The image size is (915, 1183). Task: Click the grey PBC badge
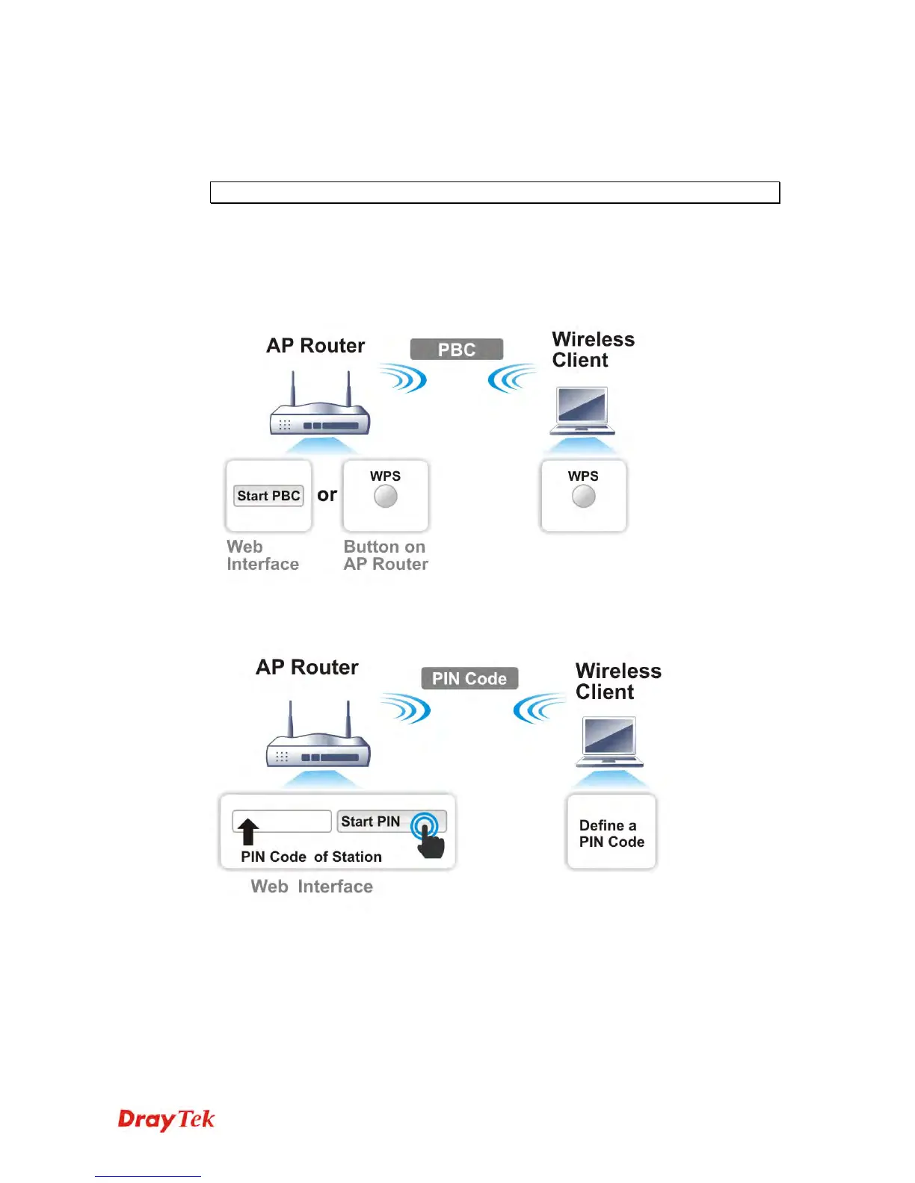(456, 350)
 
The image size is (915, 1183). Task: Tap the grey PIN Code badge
(469, 678)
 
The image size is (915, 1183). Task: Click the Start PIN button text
(371, 822)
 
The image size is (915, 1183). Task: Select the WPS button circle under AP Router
(386, 496)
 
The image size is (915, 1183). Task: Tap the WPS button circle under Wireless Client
(583, 496)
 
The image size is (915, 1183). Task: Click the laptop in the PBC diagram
(582, 410)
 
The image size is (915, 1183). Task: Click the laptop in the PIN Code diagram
(609, 741)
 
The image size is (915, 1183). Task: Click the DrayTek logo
(166, 1120)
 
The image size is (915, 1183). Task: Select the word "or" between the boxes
(327, 495)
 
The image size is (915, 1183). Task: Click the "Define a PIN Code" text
(611, 833)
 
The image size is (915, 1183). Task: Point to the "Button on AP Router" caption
(386, 556)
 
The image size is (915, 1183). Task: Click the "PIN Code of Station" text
(311, 857)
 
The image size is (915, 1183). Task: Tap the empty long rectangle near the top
(495, 193)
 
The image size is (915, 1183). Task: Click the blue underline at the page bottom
(148, 1176)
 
